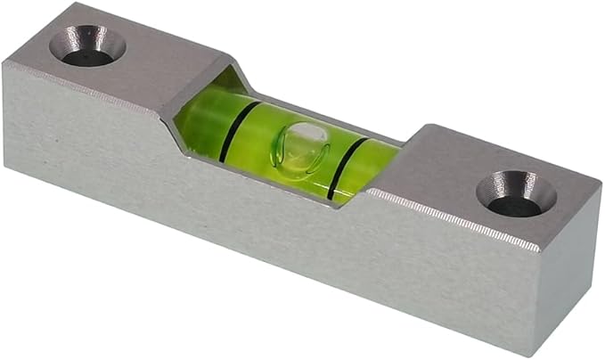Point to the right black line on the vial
343,168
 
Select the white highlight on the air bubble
307,133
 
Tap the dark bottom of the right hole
512,205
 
